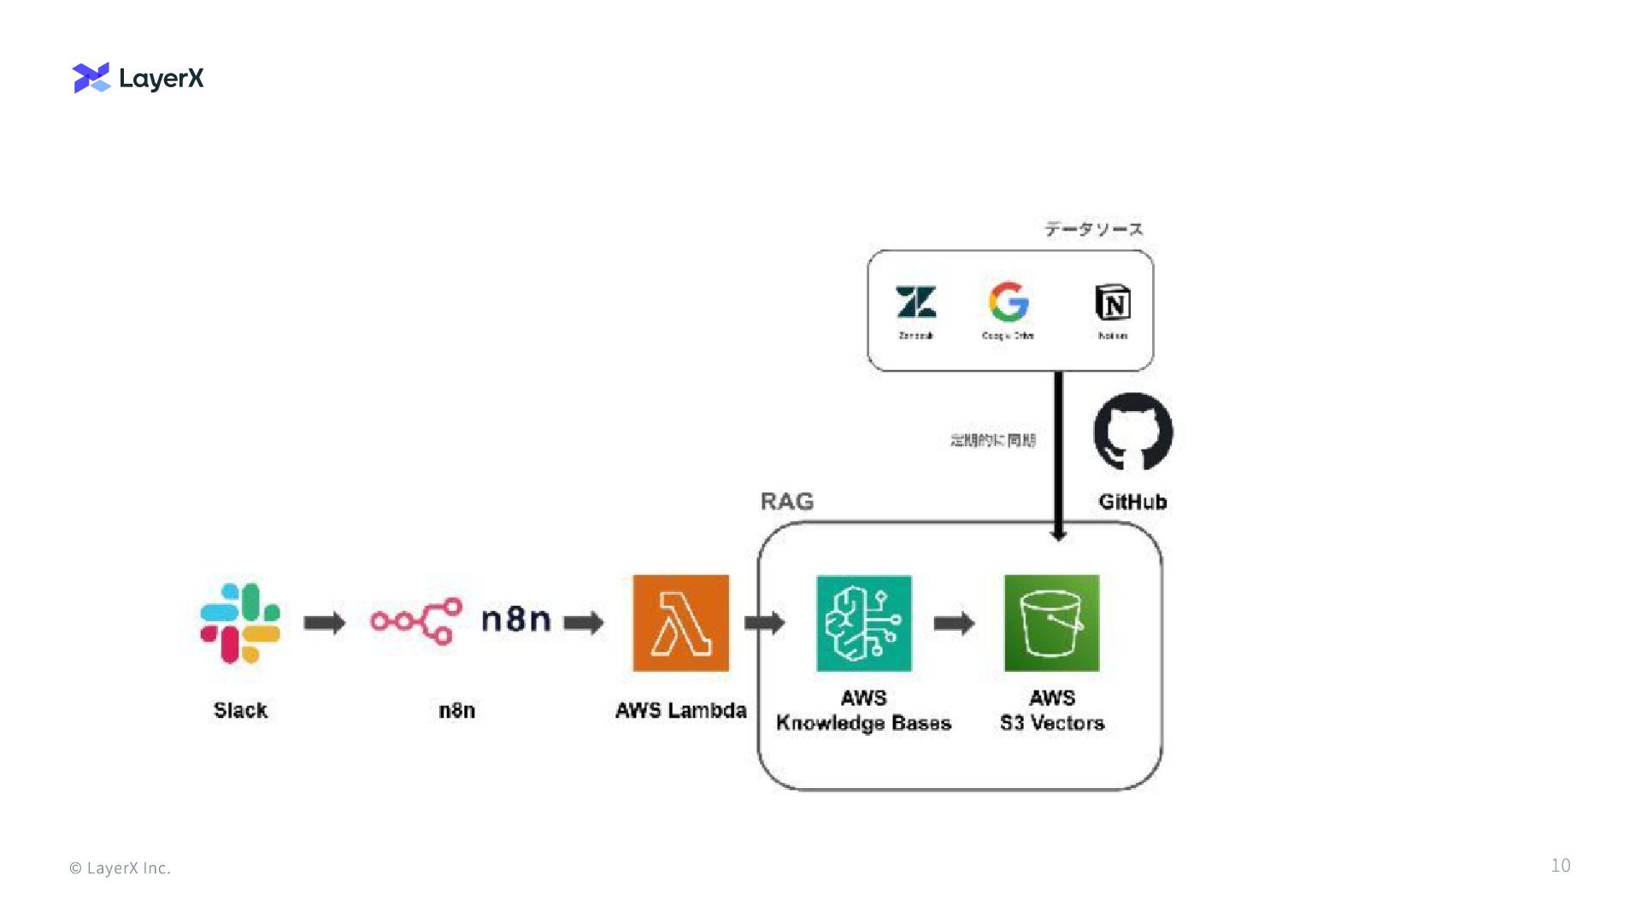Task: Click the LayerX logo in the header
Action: point(138,78)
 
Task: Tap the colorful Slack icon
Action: point(240,623)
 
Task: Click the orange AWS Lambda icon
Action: point(680,623)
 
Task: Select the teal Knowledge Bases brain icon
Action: point(863,623)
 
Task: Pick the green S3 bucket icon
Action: point(1051,623)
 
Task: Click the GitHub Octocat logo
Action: point(1132,432)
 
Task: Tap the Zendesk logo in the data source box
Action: point(915,303)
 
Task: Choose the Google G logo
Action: point(1009,302)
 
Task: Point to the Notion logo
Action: point(1112,303)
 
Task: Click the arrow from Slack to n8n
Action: point(325,623)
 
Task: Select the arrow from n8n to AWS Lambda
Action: point(584,623)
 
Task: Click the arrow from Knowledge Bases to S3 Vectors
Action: point(954,623)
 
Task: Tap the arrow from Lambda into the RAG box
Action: point(764,623)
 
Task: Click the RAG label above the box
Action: point(787,502)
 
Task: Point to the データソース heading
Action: point(1093,229)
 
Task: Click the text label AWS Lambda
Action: point(680,710)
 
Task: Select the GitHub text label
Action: point(1132,502)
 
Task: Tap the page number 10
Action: point(1560,866)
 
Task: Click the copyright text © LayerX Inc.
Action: point(120,868)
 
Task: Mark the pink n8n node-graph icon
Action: point(416,620)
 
